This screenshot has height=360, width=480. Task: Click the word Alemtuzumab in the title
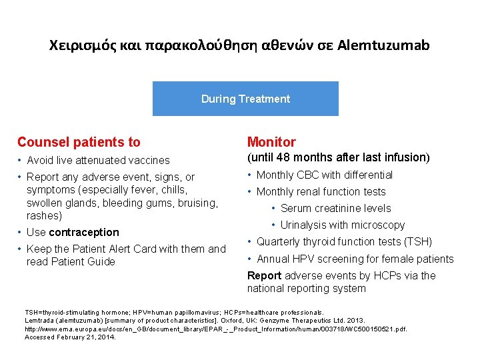pos(383,45)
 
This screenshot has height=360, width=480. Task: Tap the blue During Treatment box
pos(245,99)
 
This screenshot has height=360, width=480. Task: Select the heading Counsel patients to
pos(79,142)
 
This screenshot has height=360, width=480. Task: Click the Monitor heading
pos(271,142)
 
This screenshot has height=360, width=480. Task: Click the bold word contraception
pos(84,233)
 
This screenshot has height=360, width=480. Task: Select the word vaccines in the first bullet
pos(149,161)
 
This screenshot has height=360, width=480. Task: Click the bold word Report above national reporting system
pos(264,275)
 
